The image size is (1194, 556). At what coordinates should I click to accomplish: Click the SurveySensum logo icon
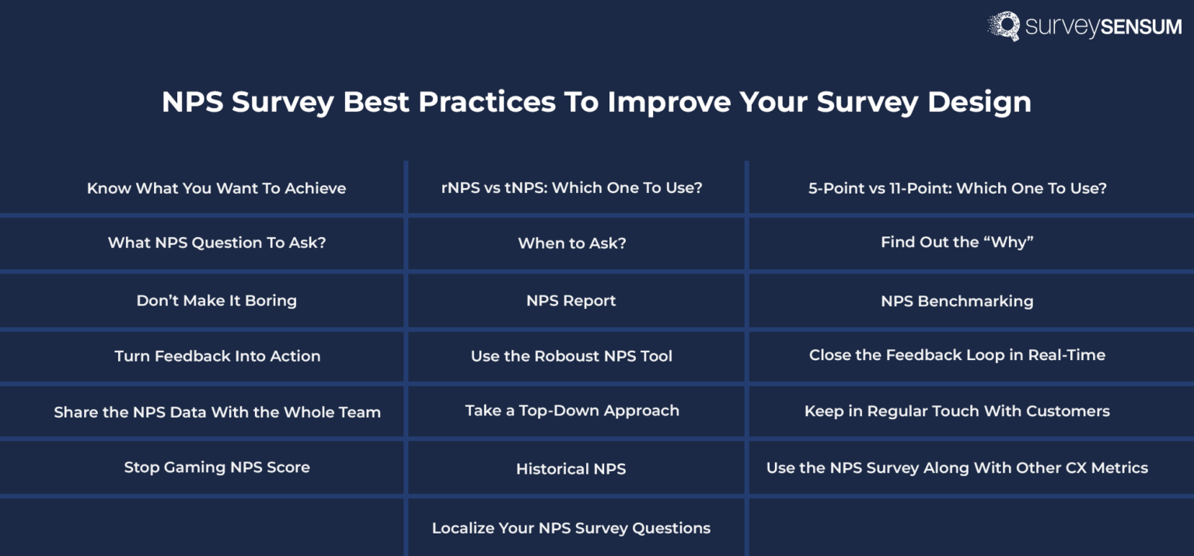click(x=1004, y=25)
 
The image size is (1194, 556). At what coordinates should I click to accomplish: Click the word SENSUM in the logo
click(x=1140, y=27)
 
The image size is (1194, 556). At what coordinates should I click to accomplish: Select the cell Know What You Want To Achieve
click(x=216, y=188)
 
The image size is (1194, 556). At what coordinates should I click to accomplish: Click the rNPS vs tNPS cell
click(x=571, y=188)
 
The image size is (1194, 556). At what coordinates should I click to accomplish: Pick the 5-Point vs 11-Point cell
click(x=957, y=188)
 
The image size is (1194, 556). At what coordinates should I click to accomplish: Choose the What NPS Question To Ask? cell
click(x=217, y=243)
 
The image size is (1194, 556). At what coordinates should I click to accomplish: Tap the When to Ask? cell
click(x=572, y=243)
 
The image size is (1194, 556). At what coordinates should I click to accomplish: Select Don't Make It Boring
click(x=217, y=300)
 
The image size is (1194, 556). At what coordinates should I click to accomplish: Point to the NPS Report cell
click(x=571, y=301)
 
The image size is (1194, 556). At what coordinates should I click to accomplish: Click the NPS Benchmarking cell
click(x=957, y=301)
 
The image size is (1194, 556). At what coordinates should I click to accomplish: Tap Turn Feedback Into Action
click(x=217, y=356)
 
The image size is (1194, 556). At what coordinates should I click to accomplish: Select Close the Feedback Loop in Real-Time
click(x=957, y=355)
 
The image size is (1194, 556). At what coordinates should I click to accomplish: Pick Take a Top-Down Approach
click(x=572, y=411)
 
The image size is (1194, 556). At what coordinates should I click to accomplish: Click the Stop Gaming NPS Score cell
click(x=217, y=467)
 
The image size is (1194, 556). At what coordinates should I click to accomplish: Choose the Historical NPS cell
click(x=571, y=469)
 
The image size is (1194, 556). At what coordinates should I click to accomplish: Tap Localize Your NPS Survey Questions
click(x=571, y=528)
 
